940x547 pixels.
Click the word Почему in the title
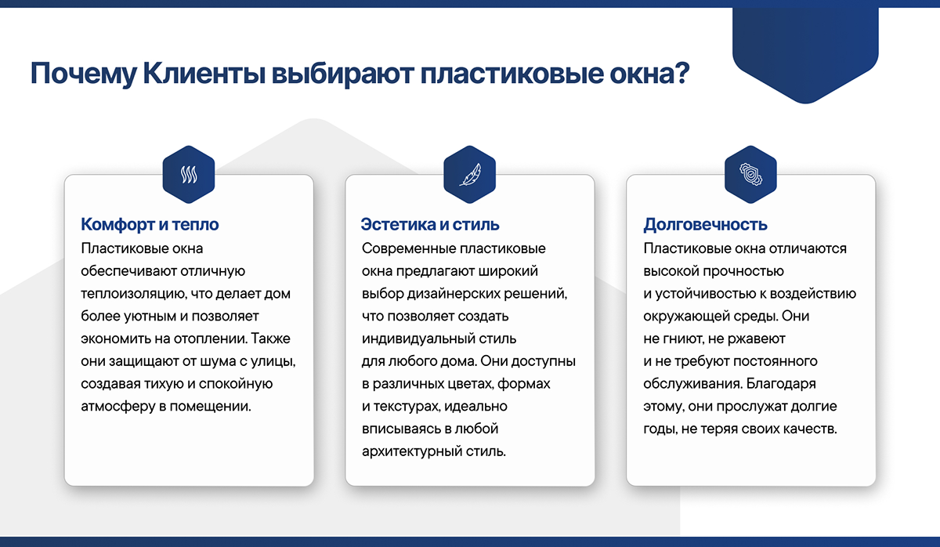pos(84,74)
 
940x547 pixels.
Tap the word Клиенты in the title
pos(204,73)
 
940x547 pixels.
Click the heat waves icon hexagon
pos(189,174)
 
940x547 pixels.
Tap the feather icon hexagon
pos(469,174)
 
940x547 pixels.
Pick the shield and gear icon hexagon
pos(750,174)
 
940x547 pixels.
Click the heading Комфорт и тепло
pos(150,225)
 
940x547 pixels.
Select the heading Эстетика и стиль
pos(430,225)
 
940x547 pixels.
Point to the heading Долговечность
pos(706,225)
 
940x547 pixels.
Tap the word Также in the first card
pos(271,339)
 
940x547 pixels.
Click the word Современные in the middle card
pos(409,248)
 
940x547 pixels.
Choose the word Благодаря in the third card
pos(781,384)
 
